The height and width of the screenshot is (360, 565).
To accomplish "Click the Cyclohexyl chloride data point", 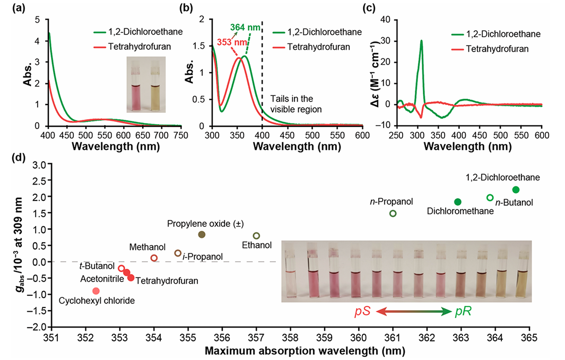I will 96,291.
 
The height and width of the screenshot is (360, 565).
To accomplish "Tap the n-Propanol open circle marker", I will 393,213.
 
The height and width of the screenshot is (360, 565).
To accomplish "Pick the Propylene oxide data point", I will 202,234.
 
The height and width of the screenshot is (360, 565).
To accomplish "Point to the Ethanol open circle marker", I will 256,235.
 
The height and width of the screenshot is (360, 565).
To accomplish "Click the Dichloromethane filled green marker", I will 458,201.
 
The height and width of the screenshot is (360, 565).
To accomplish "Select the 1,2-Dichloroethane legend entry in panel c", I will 505,34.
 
